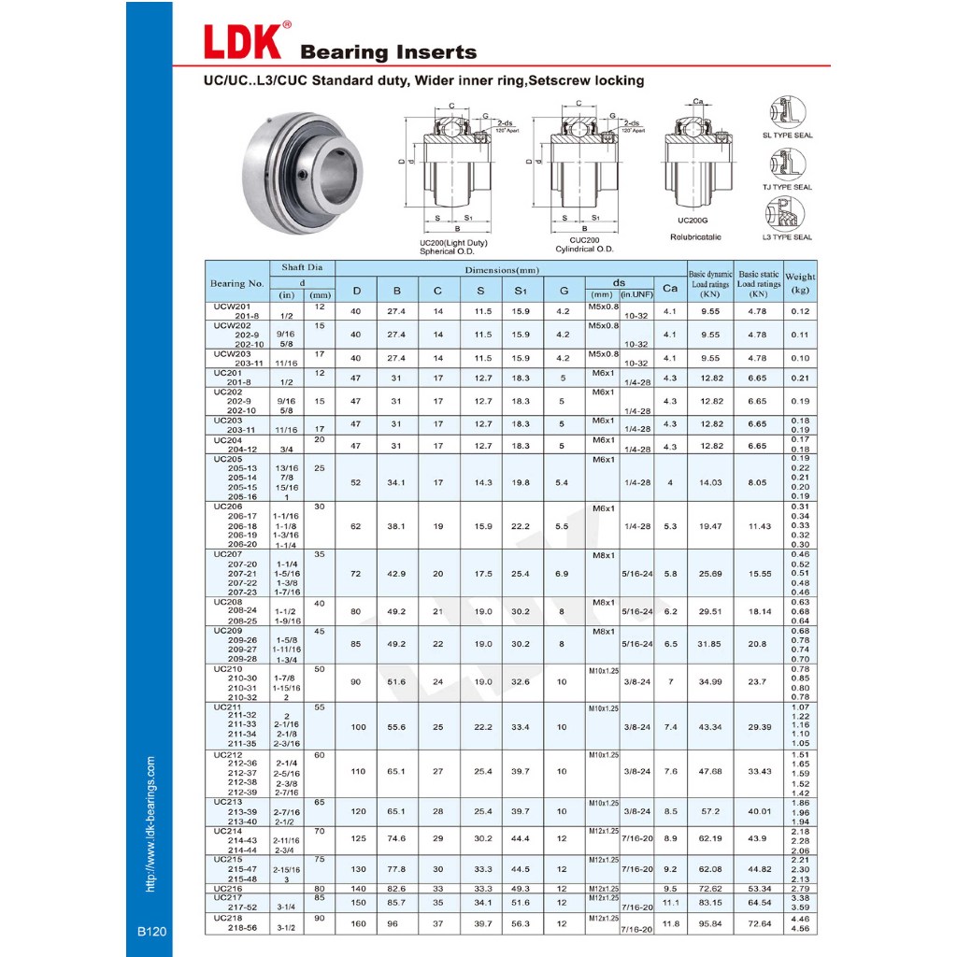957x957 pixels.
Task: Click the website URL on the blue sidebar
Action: tap(150, 823)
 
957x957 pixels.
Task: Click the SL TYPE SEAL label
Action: tap(788, 136)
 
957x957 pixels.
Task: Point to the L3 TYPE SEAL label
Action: tap(788, 237)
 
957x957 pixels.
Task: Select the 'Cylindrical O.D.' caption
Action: tap(583, 249)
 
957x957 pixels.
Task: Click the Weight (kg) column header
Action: tap(800, 283)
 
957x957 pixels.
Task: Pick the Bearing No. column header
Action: tap(237, 283)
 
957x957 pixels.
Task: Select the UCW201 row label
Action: tap(232, 306)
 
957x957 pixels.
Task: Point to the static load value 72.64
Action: tap(758, 923)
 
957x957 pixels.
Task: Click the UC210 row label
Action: tap(227, 669)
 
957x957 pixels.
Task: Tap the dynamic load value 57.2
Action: tap(709, 811)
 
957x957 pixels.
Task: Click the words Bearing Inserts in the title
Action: tap(388, 52)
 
